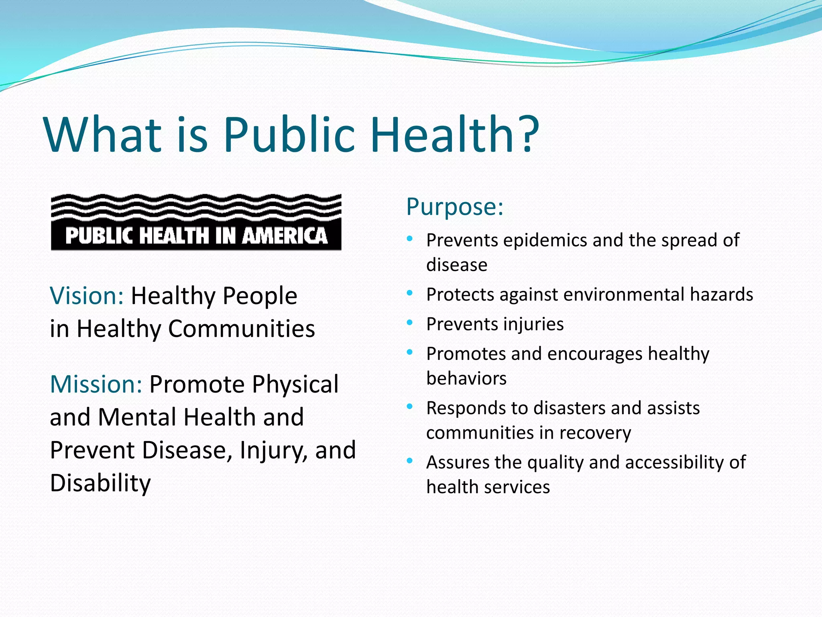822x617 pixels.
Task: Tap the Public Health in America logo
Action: click(196, 222)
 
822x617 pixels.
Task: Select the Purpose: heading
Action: click(454, 207)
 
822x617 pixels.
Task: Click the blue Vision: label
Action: click(87, 296)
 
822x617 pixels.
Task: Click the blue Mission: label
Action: click(96, 384)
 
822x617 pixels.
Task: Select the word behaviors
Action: click(466, 378)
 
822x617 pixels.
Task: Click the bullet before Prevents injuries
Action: click(409, 323)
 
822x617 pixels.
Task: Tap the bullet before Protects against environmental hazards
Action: click(409, 293)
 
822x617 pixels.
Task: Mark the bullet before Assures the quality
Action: click(409, 461)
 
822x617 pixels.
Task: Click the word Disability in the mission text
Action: click(100, 483)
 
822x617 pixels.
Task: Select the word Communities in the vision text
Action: click(241, 329)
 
